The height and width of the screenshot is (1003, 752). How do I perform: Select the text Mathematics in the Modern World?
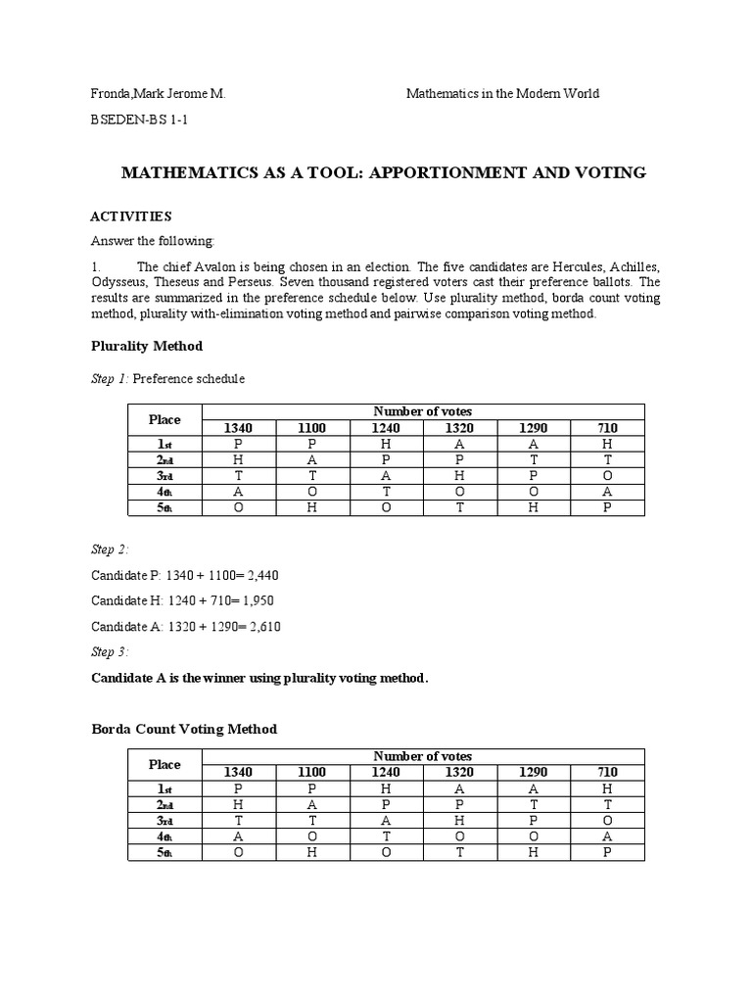coord(502,94)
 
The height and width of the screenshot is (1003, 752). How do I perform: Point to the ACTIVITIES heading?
coord(131,215)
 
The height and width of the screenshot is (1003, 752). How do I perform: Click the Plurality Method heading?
coord(147,346)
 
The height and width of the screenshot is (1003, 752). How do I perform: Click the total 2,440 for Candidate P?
coord(258,574)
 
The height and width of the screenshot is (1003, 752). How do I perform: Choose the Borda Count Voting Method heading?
coord(184,729)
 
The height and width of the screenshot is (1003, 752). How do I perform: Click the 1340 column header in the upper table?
coord(239,428)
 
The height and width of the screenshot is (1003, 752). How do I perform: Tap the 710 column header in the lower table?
coord(607,773)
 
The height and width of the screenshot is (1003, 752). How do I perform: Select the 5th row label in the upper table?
coord(164,508)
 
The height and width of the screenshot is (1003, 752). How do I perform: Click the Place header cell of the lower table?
coord(164,764)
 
